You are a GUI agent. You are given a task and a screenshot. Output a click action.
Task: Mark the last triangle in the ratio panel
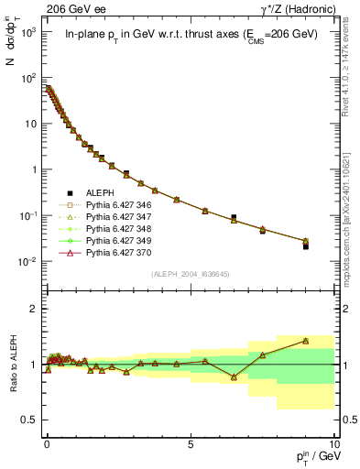306,341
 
